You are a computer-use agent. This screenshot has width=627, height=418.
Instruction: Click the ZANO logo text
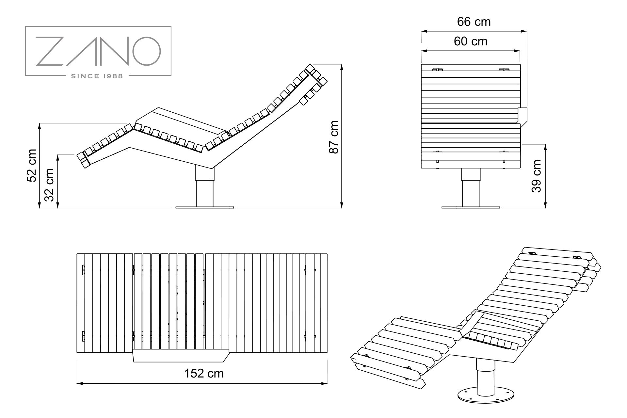click(x=98, y=51)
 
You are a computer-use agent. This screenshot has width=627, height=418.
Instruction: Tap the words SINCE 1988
click(x=97, y=76)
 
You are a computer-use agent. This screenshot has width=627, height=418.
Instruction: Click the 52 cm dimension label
click(x=32, y=165)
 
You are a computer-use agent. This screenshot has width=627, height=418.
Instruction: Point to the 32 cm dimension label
click(x=49, y=185)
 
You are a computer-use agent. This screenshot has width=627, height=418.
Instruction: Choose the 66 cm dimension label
click(x=474, y=22)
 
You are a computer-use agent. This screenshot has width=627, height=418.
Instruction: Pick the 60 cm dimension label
click(x=470, y=41)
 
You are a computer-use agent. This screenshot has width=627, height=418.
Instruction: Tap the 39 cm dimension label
click(x=537, y=176)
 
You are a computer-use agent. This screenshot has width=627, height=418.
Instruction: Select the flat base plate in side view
click(x=205, y=207)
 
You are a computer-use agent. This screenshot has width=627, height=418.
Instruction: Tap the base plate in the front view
click(x=471, y=207)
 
